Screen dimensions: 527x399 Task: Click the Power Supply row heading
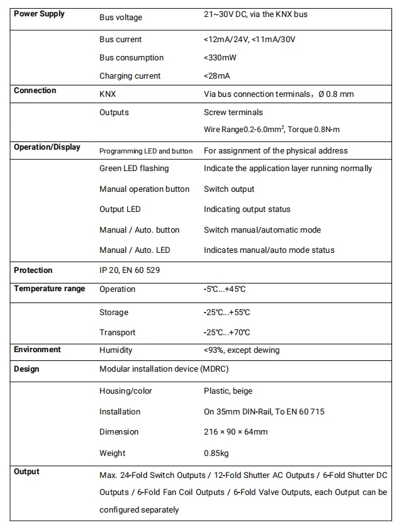pos(39,14)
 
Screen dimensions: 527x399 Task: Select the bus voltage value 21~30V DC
pos(256,14)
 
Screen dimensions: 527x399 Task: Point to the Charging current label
pos(130,76)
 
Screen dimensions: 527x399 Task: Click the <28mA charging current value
pos(217,76)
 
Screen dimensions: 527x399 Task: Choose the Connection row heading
pos(35,91)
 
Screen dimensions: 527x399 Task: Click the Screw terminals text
pos(233,113)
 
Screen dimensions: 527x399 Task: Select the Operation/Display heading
pos(47,147)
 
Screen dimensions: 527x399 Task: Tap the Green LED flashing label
pos(134,169)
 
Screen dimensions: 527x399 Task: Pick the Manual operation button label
pos(144,189)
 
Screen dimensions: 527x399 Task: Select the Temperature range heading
pos(49,289)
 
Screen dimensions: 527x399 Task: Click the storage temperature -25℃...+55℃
pos(227,313)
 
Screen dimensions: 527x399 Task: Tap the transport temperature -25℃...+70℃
pos(227,333)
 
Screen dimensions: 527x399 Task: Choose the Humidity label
pos(116,350)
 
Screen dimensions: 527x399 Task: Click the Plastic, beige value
pos(228,391)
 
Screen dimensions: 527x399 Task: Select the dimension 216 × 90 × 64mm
pos(235,432)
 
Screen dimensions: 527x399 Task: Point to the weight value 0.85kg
pos(217,453)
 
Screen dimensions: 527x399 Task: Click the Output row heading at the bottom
pos(26,472)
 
